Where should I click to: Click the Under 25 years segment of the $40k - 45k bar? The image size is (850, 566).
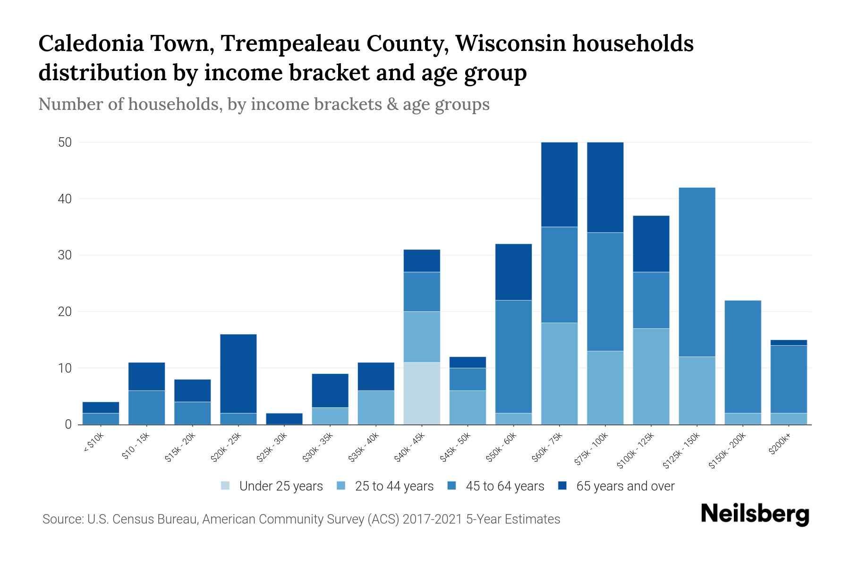[x=422, y=393]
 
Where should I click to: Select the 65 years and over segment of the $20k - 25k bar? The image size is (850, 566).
[x=238, y=374]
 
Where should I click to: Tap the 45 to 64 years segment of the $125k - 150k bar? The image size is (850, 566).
[x=697, y=272]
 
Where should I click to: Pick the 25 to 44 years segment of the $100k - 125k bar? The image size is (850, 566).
[x=651, y=376]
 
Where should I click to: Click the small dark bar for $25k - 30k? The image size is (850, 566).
[x=284, y=418]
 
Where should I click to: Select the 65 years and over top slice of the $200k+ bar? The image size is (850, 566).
[x=788, y=342]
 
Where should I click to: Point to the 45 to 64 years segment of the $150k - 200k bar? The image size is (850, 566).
[x=742, y=357]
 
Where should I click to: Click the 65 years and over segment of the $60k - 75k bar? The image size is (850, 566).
[x=559, y=184]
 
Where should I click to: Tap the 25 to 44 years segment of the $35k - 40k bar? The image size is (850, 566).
[x=375, y=407]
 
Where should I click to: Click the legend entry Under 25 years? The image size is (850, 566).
[x=280, y=486]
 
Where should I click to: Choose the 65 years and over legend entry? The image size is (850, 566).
[x=625, y=486]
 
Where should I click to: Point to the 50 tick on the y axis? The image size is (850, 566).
[x=65, y=142]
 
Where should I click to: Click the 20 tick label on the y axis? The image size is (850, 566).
[x=65, y=312]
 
